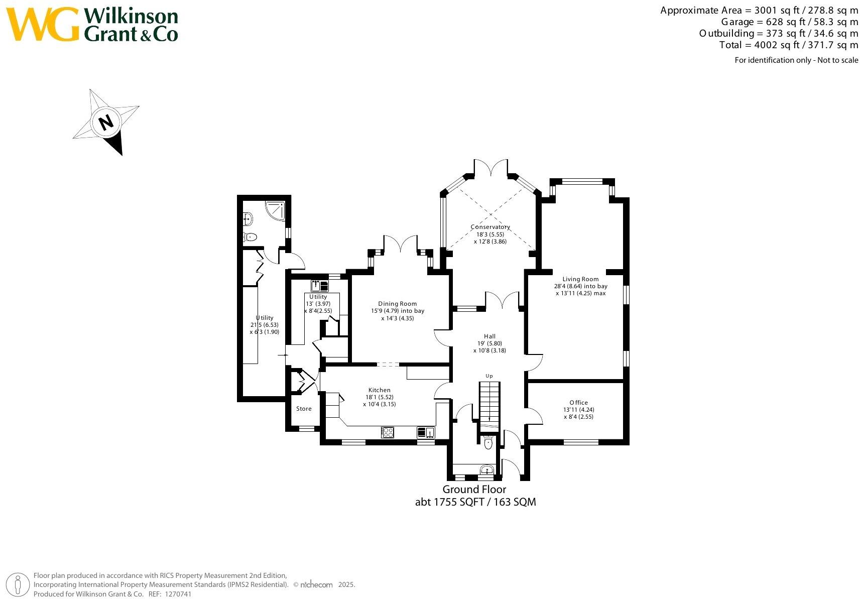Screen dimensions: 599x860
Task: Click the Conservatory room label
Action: [490, 227]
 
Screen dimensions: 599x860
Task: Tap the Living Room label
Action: [580, 279]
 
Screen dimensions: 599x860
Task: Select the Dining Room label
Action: [397, 304]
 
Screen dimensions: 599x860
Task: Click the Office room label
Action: [578, 403]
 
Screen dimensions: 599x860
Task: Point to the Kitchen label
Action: [379, 390]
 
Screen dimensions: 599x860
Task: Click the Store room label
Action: [304, 409]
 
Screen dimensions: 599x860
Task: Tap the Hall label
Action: [489, 336]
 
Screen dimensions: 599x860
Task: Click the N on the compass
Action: [106, 122]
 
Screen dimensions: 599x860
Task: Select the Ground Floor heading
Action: [474, 490]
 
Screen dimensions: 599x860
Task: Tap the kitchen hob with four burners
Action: [387, 432]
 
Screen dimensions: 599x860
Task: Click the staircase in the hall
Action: [489, 402]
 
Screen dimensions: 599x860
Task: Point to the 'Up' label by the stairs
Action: [489, 376]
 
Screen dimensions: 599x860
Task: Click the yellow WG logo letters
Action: [42, 25]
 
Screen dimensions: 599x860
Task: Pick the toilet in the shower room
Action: [250, 237]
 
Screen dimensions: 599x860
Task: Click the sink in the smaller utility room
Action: [319, 286]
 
